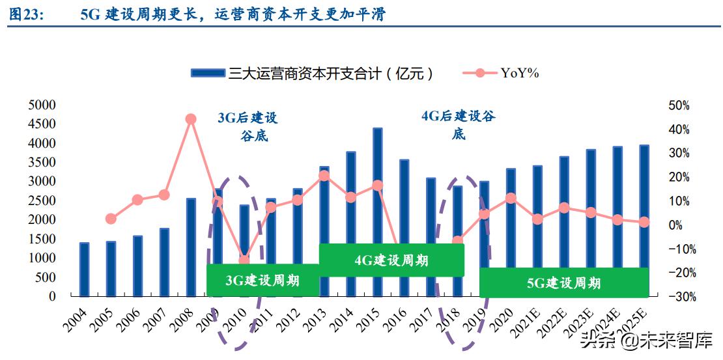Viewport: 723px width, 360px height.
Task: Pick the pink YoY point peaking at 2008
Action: click(191, 119)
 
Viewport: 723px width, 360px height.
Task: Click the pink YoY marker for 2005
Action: click(111, 219)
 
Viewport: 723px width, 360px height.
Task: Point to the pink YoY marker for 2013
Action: click(324, 176)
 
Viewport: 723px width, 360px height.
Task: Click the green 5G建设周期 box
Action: click(563, 283)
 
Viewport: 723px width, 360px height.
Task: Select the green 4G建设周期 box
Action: click(391, 260)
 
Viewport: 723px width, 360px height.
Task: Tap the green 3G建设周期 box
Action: click(262, 281)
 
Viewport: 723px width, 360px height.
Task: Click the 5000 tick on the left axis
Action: click(42, 105)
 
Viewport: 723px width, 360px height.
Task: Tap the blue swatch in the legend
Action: click(208, 73)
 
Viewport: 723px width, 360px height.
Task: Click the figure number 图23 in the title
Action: click(27, 15)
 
